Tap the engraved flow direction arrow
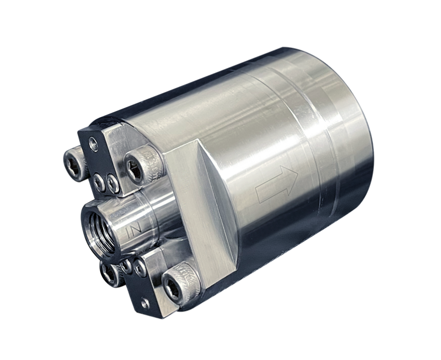pyautogui.click(x=277, y=183)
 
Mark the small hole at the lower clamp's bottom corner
pyautogui.click(x=146, y=304)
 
